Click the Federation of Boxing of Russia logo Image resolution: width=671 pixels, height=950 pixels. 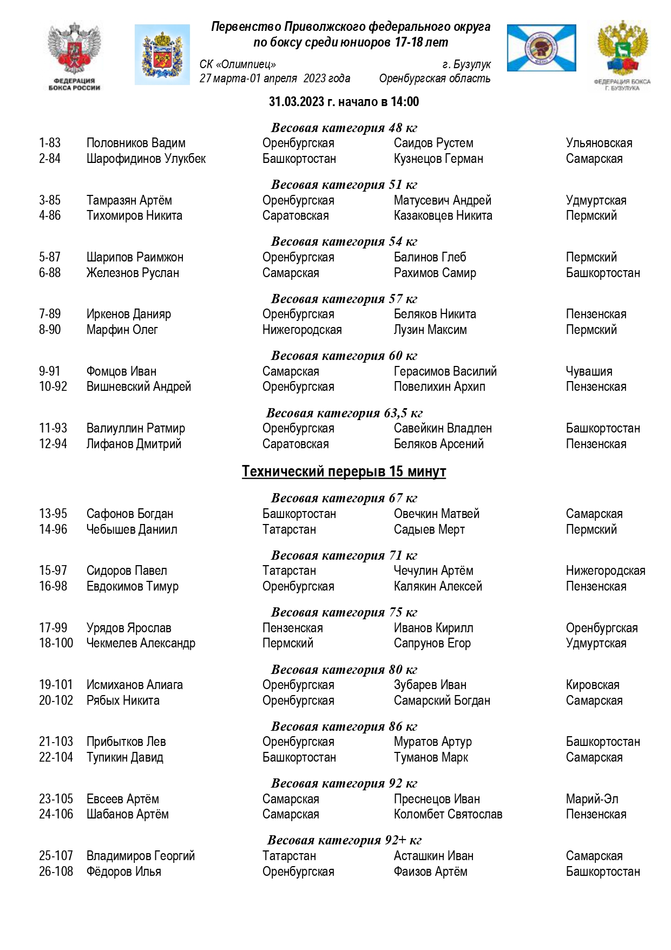[74, 56]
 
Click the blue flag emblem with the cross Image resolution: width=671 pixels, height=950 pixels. [541, 48]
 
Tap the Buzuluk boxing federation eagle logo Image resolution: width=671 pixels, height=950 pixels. [622, 54]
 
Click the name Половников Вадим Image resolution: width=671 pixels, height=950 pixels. [136, 143]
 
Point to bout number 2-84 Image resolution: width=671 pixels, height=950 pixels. [50, 159]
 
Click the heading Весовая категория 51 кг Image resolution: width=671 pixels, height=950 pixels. [344, 185]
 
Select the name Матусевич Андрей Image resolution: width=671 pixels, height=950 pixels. [442, 201]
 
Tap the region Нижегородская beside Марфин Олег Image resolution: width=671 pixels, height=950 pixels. [302, 330]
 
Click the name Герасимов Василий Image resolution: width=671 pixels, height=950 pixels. [445, 372]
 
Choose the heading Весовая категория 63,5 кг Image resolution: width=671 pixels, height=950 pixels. [344, 414]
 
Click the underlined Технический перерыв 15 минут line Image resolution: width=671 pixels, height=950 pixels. [344, 471]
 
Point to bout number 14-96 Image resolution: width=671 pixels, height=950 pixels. [53, 530]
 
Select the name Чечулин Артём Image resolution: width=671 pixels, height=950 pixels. [433, 571]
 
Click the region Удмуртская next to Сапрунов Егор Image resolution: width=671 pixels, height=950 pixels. [596, 644]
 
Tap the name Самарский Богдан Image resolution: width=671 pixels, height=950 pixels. [442, 701]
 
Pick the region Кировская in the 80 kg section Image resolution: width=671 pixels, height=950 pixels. [593, 685]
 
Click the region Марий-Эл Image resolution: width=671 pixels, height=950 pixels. [592, 800]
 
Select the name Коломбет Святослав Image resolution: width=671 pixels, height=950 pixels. [448, 815]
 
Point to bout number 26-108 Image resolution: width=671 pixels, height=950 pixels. [56, 872]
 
